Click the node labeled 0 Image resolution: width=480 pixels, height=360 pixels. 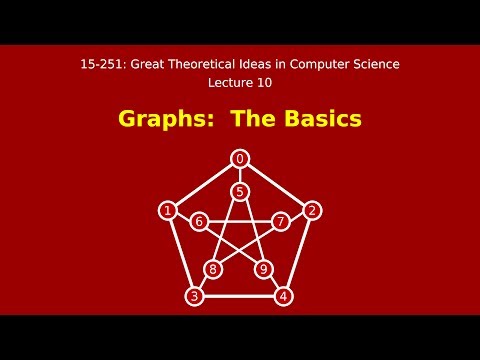[240, 158]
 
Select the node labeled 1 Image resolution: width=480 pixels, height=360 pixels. [167, 210]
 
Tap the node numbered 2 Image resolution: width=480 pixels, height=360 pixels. [312, 210]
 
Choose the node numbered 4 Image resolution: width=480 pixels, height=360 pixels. [284, 296]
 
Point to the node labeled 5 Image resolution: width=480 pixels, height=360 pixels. [240, 191]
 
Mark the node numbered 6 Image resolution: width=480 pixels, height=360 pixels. [199, 221]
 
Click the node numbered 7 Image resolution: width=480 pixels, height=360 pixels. [281, 221]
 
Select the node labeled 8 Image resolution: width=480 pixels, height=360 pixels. [213, 269]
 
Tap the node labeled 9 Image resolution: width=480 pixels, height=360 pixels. [265, 269]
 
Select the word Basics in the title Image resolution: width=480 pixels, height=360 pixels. [319, 120]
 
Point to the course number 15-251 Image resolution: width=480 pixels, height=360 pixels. [103, 64]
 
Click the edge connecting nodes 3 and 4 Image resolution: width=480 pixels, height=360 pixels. [239, 296]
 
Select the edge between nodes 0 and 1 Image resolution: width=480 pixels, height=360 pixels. [203, 184]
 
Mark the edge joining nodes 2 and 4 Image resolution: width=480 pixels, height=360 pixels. [299, 252]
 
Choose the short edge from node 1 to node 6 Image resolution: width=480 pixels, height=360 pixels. [183, 216]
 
